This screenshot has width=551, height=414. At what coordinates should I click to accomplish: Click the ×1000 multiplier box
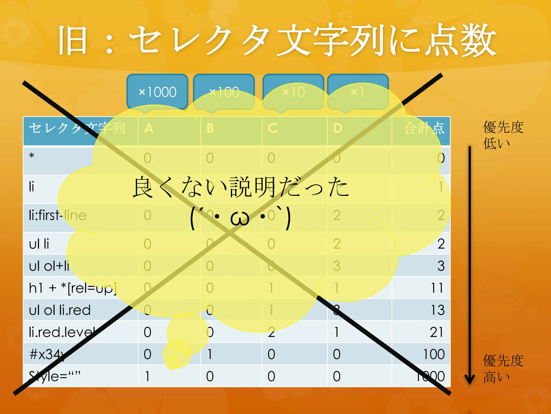pos(157,92)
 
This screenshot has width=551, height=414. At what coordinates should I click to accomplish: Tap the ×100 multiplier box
pos(224,92)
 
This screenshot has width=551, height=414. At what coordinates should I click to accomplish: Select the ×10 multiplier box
pos(293,92)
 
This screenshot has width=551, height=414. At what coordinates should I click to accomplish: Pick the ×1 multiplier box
pos(358,92)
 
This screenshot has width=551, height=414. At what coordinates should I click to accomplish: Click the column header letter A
pos(149,128)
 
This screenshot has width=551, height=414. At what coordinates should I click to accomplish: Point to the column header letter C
pos(273,128)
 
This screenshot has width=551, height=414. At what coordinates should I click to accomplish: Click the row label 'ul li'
pos(39,244)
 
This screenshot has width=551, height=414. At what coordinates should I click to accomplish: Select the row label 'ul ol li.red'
pos(60,310)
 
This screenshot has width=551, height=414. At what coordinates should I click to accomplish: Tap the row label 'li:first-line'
pos(58,215)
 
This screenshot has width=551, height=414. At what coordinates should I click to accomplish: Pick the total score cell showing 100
pos(434,354)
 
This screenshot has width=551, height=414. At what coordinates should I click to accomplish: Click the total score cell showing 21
pos(436,332)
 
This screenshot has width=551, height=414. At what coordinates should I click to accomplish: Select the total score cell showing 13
pos(437,310)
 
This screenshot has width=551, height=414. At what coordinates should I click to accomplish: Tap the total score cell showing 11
pos(437,288)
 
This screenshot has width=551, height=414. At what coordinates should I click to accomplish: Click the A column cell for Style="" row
pos(147,376)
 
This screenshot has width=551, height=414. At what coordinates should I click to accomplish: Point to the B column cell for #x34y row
pos(210,354)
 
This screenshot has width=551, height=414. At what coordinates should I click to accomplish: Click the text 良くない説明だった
pos(241,187)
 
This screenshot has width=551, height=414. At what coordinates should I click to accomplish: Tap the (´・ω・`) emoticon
pos(240,218)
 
